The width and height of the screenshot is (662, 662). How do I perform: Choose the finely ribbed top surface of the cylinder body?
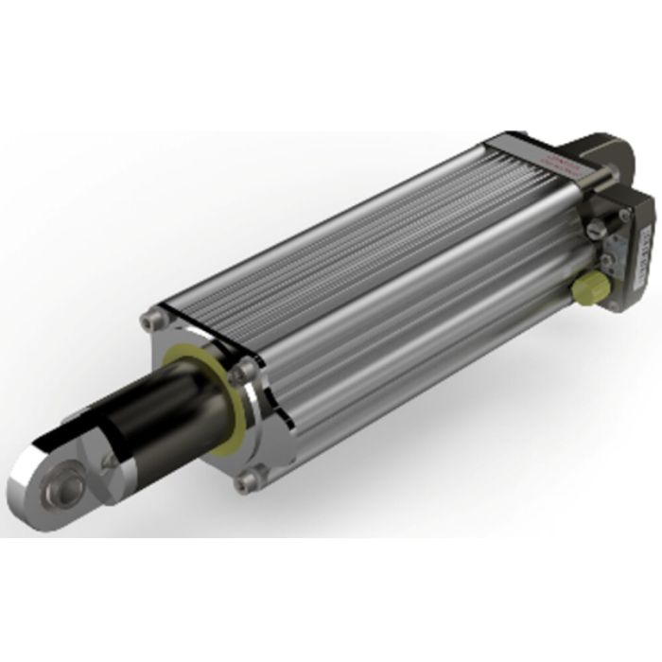[x=359, y=227]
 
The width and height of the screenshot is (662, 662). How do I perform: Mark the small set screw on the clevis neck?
[x=111, y=462]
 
